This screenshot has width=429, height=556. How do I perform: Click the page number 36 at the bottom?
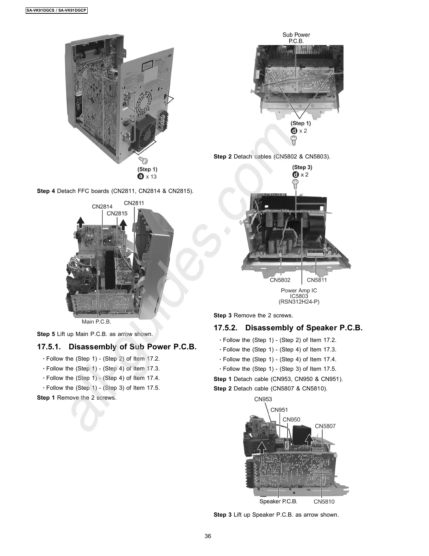(208, 536)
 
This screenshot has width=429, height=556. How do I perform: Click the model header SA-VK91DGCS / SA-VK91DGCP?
(56, 10)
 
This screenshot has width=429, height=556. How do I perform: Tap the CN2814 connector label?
(102, 207)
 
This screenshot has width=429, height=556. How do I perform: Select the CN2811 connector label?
(134, 203)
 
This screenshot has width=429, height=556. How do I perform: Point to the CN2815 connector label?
(117, 213)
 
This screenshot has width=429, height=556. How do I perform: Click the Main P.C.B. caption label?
(96, 322)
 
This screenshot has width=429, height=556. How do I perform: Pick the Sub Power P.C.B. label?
(296, 38)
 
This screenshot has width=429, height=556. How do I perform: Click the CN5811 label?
(317, 280)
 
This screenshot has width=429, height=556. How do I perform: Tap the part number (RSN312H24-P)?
(299, 302)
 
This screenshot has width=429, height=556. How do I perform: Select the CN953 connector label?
(263, 399)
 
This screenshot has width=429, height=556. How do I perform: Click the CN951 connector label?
(279, 410)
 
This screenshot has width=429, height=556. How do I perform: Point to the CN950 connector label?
(291, 420)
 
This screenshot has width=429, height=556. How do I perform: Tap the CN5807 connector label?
(325, 426)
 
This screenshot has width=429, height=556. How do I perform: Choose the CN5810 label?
(324, 502)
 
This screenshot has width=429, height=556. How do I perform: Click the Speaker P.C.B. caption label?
(278, 502)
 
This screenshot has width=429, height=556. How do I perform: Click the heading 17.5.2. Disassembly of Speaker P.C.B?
(288, 328)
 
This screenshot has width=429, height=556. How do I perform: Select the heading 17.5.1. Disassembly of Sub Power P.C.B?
(117, 347)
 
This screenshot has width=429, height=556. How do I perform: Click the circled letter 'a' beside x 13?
(141, 176)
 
